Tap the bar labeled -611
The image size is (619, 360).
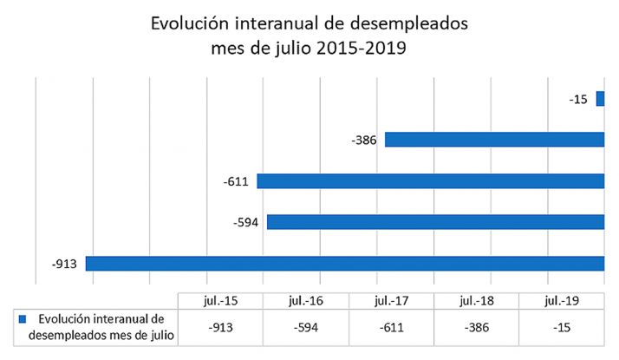pos(430,181)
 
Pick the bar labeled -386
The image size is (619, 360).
pos(494,140)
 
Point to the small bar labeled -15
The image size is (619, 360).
pos(600,99)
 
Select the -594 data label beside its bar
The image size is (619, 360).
pos(248,223)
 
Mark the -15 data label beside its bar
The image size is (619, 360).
pos(578,100)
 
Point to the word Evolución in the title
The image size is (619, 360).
pos(190,24)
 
